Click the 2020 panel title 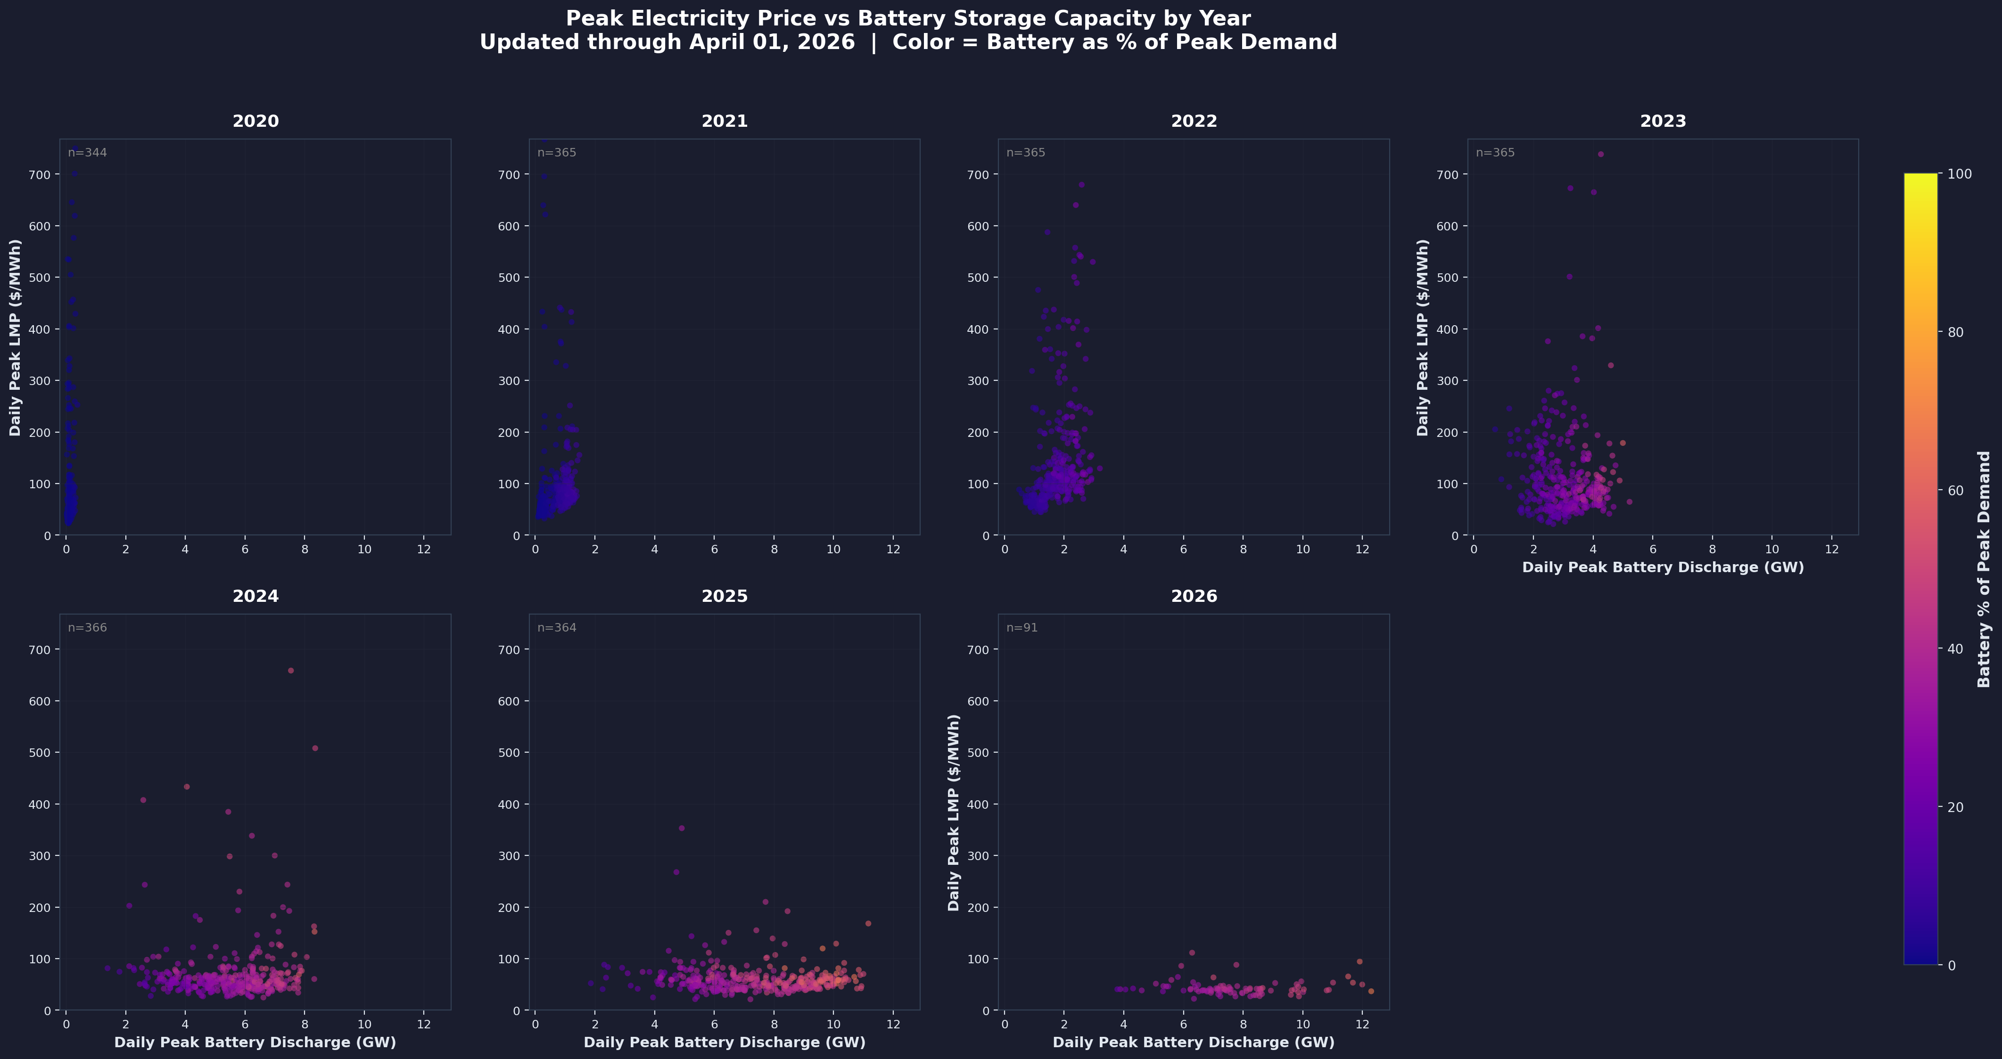point(255,121)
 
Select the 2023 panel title point(1663,121)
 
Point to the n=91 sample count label point(1022,628)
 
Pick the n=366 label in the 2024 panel point(87,628)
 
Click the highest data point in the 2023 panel point(1600,154)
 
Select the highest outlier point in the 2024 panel point(291,671)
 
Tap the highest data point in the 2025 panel point(682,828)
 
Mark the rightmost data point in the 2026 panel point(1371,992)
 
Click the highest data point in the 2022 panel point(1081,185)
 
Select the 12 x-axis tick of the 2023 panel point(1832,550)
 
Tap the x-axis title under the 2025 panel point(725,1042)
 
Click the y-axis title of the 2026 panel point(955,812)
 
